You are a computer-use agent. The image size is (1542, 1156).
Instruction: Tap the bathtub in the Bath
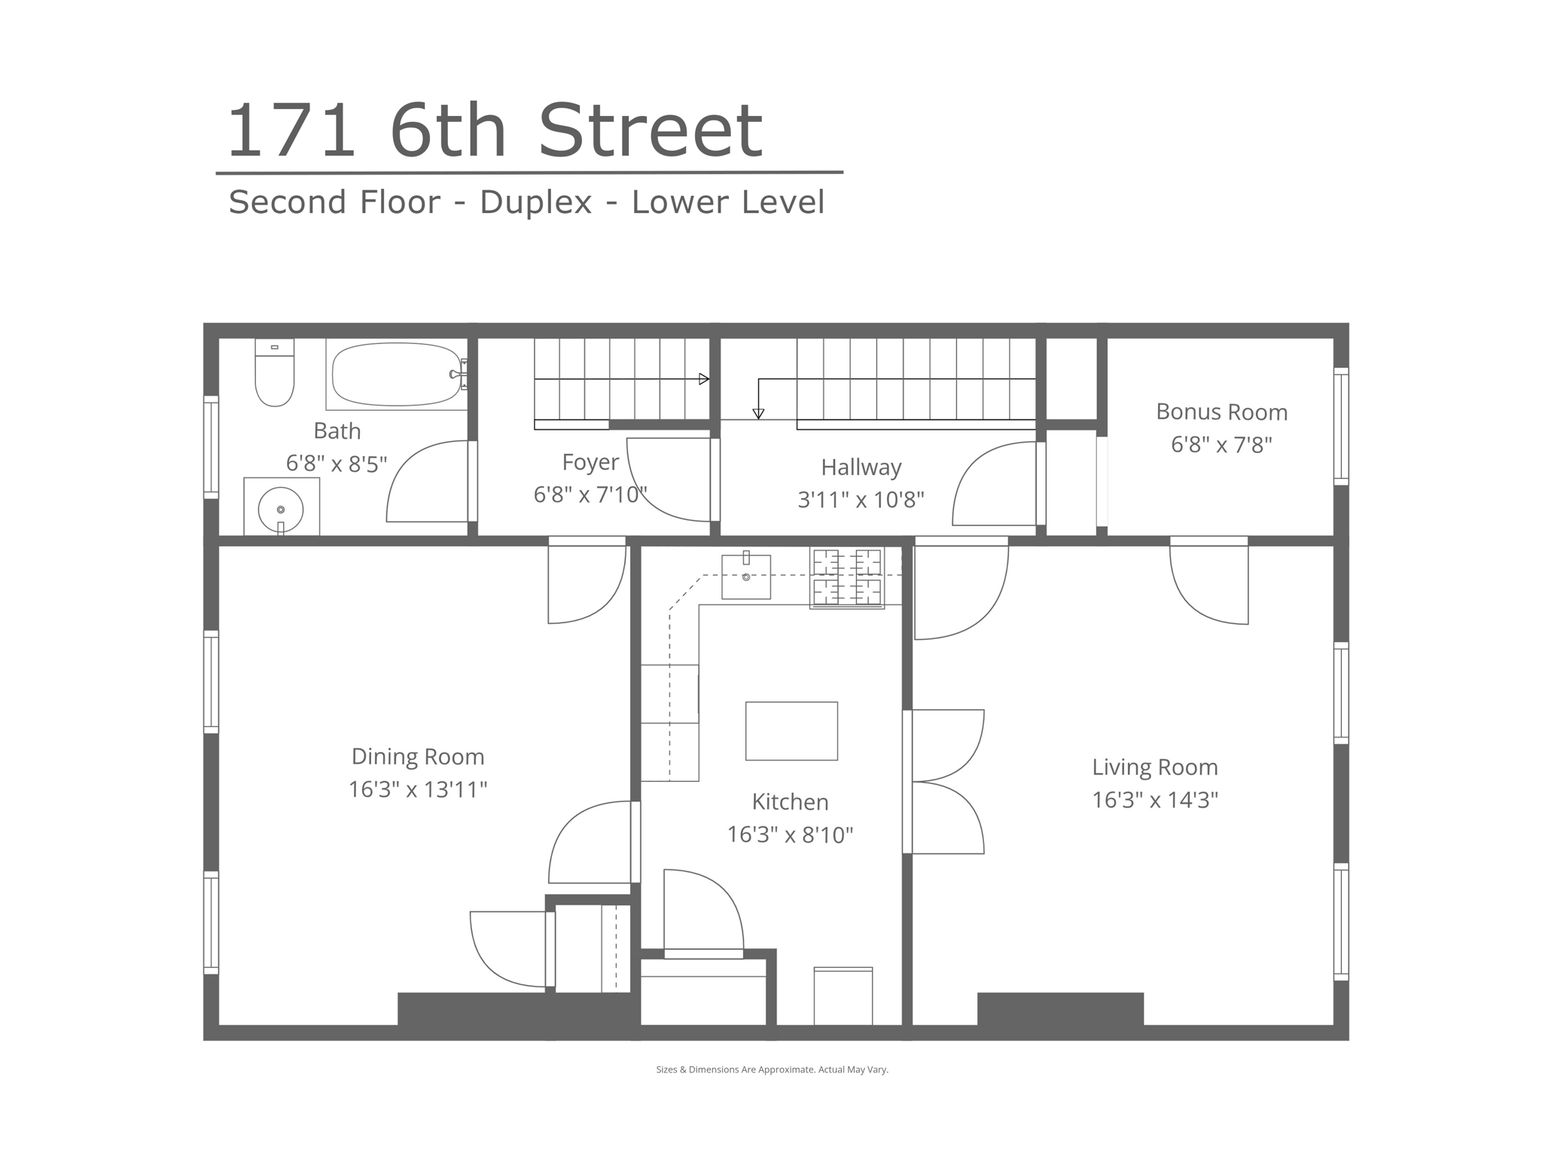coord(397,374)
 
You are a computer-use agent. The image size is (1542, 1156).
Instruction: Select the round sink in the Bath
coord(281,510)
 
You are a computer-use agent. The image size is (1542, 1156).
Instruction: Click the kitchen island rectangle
coord(791,731)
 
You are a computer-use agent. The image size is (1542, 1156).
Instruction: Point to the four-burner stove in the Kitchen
coord(847,577)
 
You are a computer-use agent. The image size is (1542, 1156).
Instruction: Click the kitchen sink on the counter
coord(746,576)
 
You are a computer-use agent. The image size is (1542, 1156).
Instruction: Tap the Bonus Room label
coord(1221,412)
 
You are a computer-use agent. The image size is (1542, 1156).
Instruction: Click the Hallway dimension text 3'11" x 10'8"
coord(861,500)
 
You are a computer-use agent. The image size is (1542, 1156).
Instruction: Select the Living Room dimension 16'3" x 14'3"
coord(1155,799)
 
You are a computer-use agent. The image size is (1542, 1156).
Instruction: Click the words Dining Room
coord(418,757)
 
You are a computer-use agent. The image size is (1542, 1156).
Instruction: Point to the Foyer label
coord(590,462)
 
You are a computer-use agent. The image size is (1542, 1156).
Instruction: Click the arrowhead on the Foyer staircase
coord(704,379)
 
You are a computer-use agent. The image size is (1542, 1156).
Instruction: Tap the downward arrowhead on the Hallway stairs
coord(758,414)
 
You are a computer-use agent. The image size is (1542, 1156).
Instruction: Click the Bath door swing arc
coord(410,467)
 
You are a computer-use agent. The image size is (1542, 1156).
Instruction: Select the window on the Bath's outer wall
coord(211,447)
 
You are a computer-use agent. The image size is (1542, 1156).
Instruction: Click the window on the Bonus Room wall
coord(1341,425)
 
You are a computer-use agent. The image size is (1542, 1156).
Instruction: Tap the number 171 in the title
coord(291,132)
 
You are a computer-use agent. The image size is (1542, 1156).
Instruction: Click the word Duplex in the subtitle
coord(536,202)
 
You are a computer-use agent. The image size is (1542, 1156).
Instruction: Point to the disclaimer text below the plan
coord(772,1069)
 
